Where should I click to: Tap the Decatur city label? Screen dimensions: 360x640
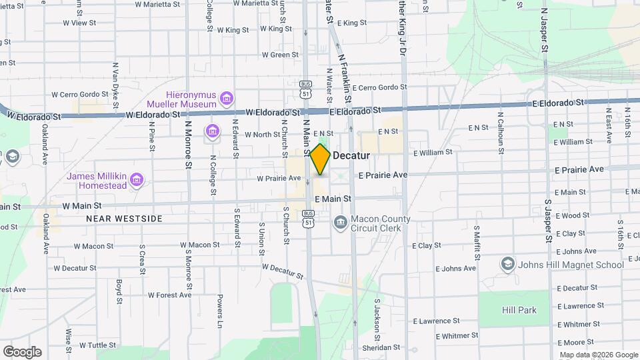pos(351,155)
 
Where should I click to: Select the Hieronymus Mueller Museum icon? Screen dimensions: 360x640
pos(226,99)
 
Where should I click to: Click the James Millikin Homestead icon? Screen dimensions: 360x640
pos(137,179)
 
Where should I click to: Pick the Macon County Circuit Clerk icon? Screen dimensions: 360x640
pos(340,221)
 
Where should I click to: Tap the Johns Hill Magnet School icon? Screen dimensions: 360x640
pos(508,264)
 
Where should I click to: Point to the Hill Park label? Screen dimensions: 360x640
pos(519,310)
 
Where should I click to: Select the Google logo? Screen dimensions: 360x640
pos(22,351)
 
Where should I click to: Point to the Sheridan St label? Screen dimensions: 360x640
pos(381,347)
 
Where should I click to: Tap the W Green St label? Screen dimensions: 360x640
pos(280,55)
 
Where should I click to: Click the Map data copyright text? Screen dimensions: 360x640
pos(597,355)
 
